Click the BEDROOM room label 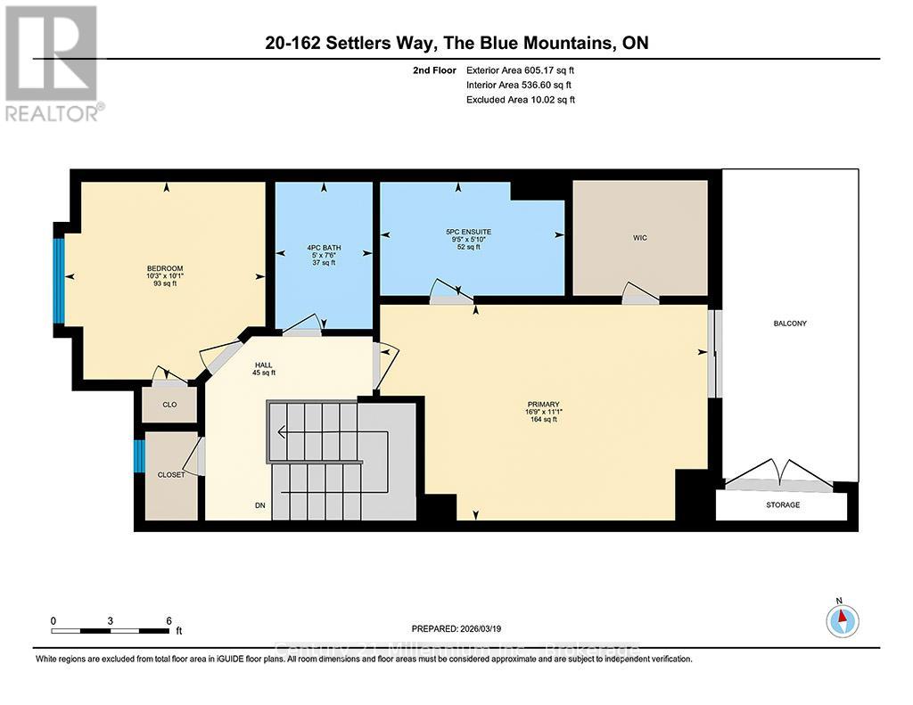point(165,269)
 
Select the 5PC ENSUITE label point(468,232)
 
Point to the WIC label point(639,239)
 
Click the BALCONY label point(790,324)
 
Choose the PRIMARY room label point(542,405)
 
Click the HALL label point(262,365)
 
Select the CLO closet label point(169,405)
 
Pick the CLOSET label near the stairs point(170,475)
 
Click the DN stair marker point(260,505)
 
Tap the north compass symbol point(842,619)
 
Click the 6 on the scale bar point(168,620)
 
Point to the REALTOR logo point(53,62)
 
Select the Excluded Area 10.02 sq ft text point(521,100)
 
